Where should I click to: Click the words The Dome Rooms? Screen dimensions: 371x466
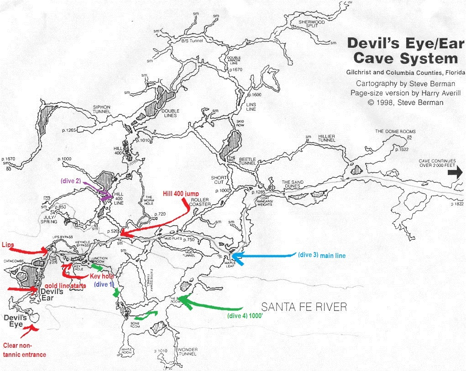coord(395,132)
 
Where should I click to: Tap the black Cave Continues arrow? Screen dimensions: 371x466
coord(458,172)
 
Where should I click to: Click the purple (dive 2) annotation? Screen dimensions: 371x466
coord(70,180)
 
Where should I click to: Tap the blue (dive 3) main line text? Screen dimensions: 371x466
coord(321,256)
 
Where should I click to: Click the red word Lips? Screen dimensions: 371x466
coord(9,245)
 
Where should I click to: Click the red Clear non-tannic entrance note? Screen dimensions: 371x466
coord(25,350)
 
